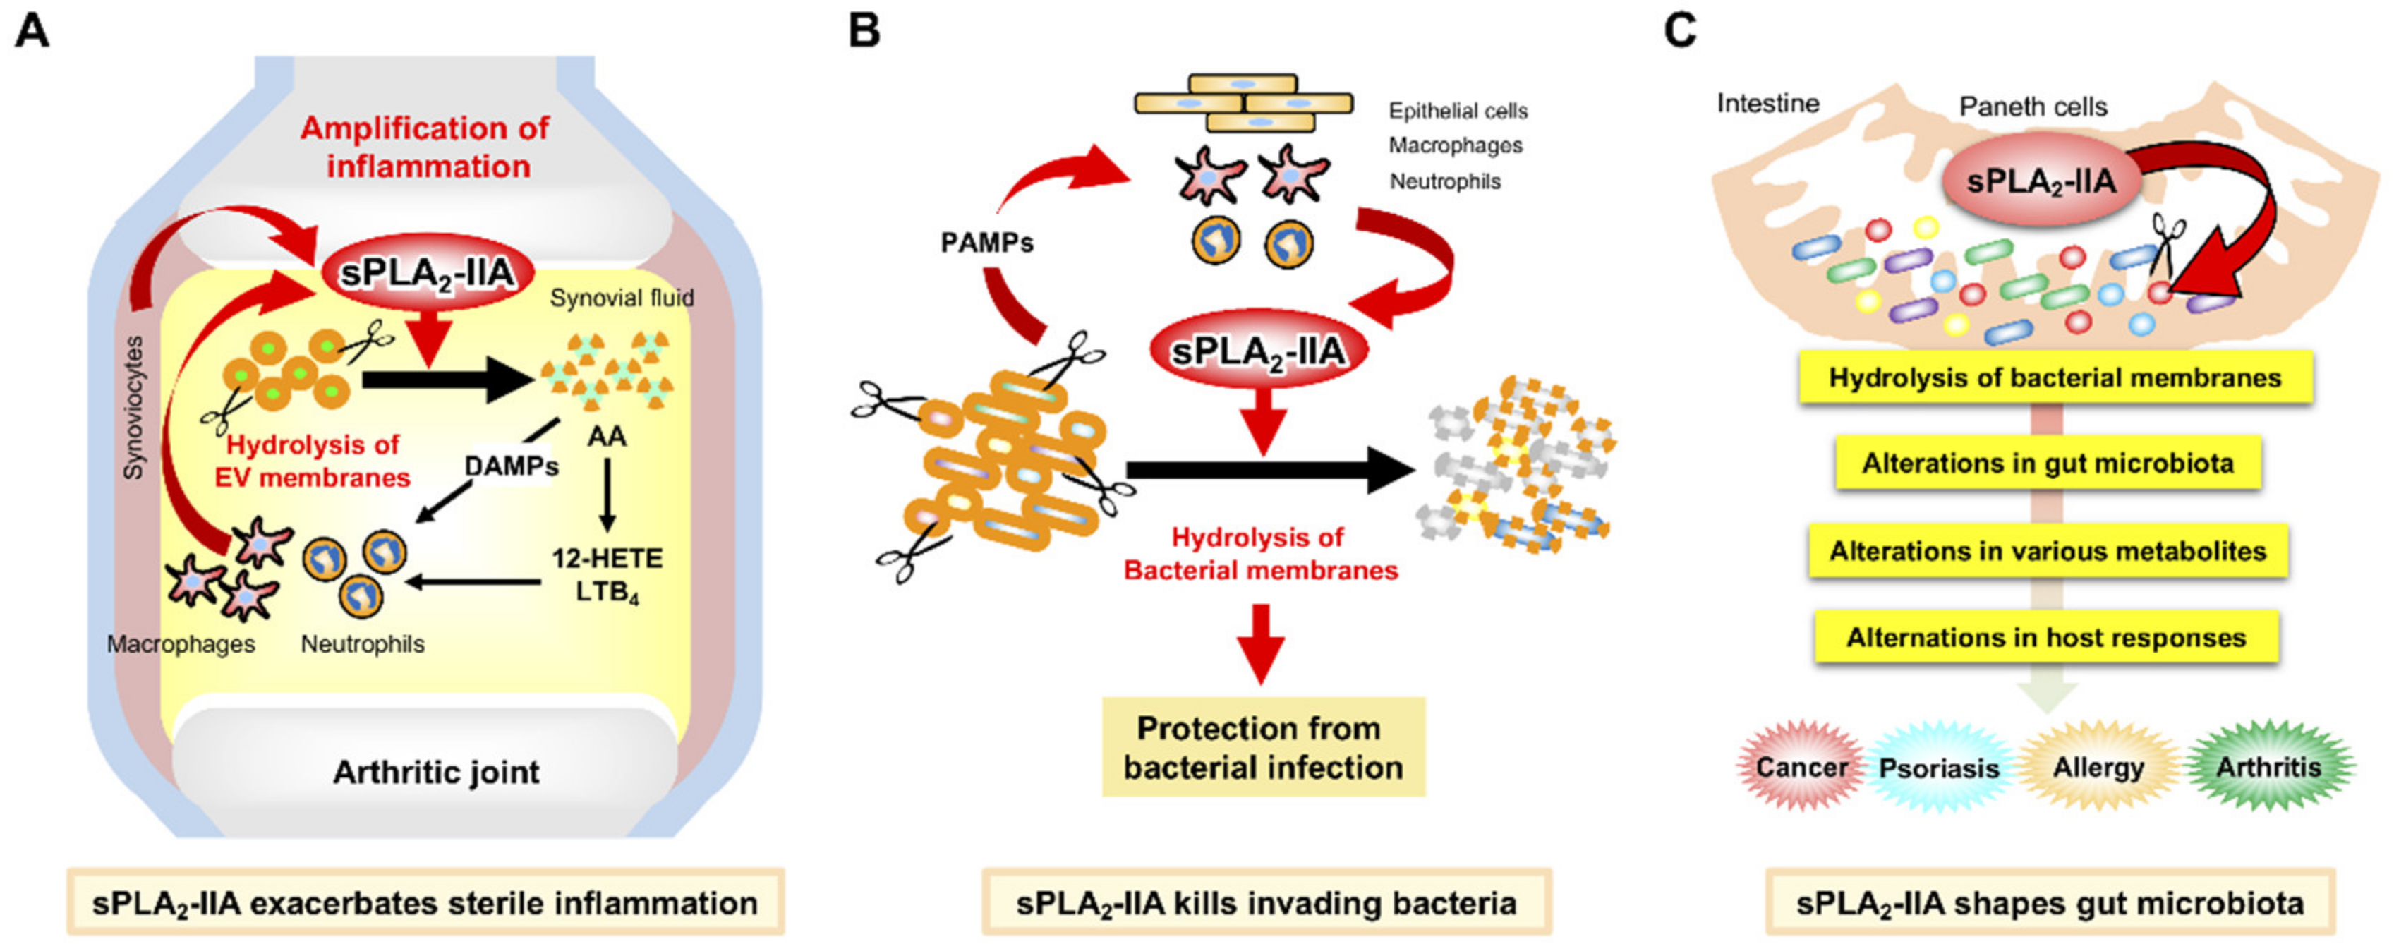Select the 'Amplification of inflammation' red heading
[425, 147]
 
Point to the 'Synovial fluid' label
[622, 298]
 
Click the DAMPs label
[511, 466]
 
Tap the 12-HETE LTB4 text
[607, 575]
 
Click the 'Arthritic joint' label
[436, 772]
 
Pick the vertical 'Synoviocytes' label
[135, 408]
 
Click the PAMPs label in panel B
[987, 243]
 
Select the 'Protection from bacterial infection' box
[1263, 747]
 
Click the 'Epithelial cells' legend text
[1458, 111]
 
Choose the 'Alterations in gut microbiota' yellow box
[2048, 464]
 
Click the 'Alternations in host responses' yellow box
[2046, 637]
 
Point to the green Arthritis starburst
[2268, 768]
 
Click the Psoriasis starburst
[1939, 768]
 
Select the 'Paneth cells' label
[2033, 107]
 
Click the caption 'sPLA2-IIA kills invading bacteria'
[1266, 902]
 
